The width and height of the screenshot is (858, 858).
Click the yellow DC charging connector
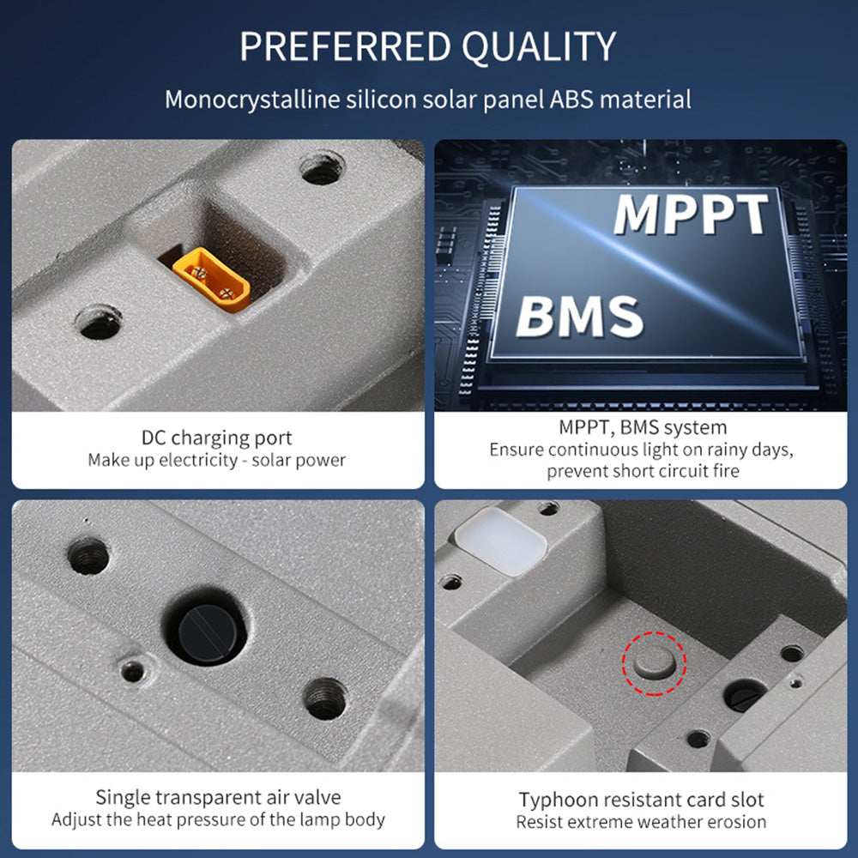pos(211,280)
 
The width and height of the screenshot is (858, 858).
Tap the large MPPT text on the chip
pos(691,214)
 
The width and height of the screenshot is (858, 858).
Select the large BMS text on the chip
pos(579,316)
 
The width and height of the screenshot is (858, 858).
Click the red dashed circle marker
pos(654,663)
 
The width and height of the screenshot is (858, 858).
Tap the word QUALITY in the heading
pos(539,46)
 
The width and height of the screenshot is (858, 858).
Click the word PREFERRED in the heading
pos(345,46)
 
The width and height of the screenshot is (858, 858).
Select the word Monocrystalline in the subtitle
pos(252,100)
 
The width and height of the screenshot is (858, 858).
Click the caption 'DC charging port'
pos(217,438)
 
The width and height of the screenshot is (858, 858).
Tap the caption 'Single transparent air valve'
pos(218,797)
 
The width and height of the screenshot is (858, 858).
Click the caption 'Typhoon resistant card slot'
pos(641,800)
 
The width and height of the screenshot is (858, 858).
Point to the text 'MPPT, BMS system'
pos(643,427)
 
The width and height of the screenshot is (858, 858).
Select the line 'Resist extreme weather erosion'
pos(641,822)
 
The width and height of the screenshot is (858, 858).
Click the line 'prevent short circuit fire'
pos(643,470)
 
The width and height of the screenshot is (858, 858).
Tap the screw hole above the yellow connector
pos(323,169)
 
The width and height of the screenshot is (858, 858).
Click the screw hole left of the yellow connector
pos(99,323)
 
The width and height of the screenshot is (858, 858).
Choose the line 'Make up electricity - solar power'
pos(217,460)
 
